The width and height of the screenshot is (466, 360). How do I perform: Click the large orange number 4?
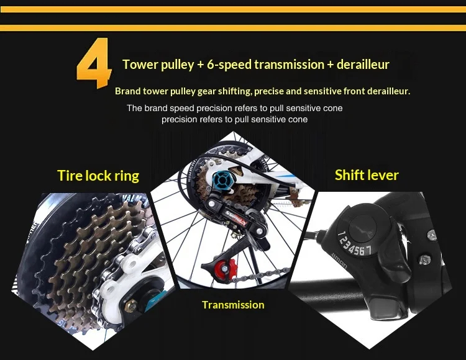coord(94,63)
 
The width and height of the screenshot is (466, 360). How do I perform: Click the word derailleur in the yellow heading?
coord(363,65)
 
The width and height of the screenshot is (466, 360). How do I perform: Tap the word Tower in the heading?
coord(140,65)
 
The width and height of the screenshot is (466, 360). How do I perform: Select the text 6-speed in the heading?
coord(229,65)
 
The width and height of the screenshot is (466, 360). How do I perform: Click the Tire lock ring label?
coord(98,176)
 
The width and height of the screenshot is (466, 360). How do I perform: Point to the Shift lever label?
coord(367,175)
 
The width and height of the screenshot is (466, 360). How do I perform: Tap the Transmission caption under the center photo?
coord(233,305)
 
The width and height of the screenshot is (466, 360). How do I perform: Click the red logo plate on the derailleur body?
coord(235,218)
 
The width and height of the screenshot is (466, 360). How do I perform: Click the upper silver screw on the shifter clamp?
coord(432,235)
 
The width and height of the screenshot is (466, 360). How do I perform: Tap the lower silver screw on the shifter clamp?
coord(425,260)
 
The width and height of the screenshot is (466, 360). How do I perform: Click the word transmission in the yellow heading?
coord(289,65)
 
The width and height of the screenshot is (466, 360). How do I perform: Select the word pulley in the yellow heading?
coord(177,65)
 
